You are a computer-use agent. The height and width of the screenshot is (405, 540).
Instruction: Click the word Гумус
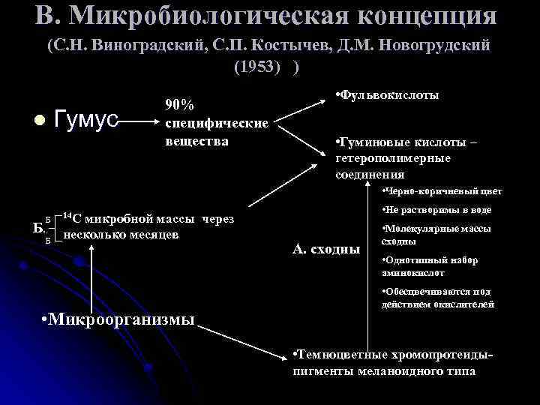[x=88, y=120]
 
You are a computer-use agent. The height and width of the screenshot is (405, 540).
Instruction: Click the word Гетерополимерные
[x=394, y=158]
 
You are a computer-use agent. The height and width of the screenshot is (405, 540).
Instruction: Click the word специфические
[x=216, y=123]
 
